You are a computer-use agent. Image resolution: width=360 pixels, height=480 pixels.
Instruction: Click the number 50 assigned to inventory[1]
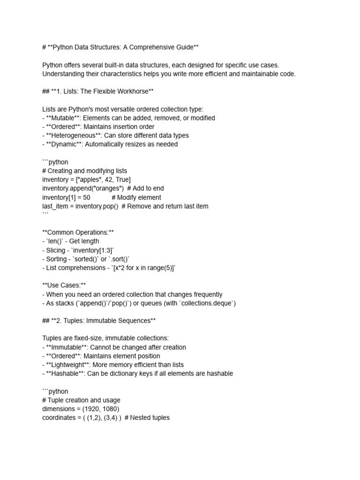86,197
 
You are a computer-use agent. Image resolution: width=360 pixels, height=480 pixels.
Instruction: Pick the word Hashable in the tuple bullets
66,374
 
